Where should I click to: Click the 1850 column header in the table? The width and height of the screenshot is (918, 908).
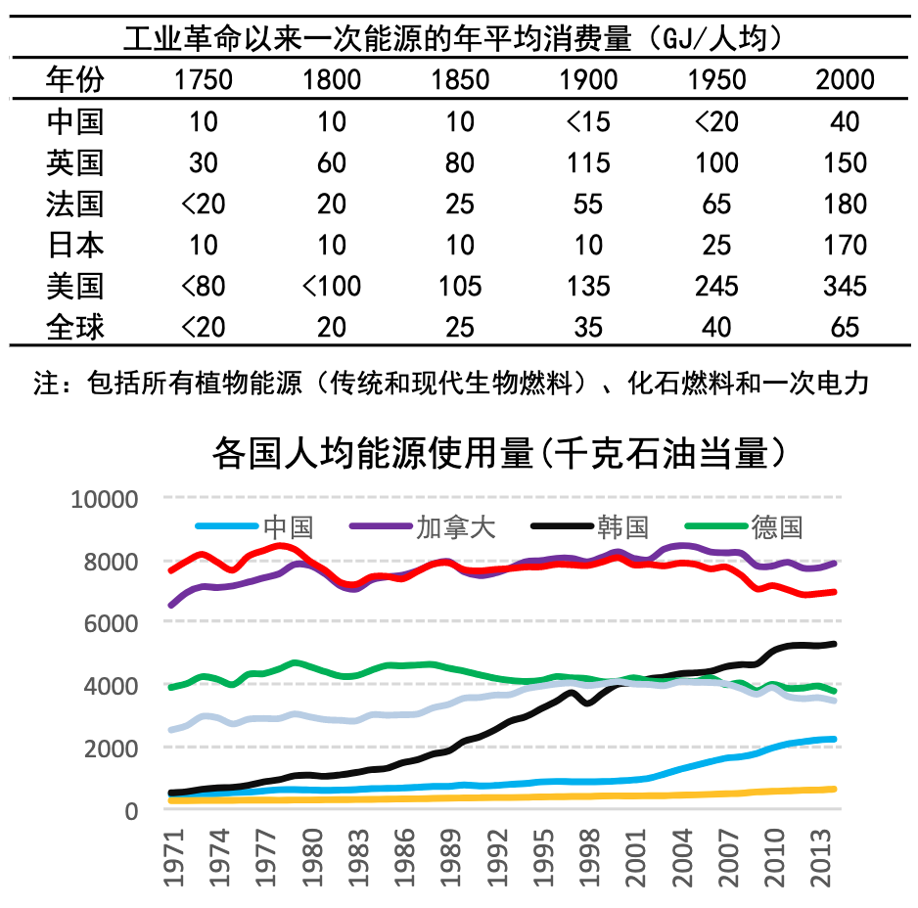pyautogui.click(x=460, y=80)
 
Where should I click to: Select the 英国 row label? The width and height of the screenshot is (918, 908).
pyautogui.click(x=75, y=162)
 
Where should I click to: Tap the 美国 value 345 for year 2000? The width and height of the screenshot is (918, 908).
pyautogui.click(x=844, y=286)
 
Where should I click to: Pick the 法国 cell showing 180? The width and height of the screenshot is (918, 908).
pyautogui.click(x=844, y=204)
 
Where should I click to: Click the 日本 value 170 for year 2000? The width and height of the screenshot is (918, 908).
pyautogui.click(x=844, y=245)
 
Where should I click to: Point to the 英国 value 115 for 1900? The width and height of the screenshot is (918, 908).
pyautogui.click(x=588, y=162)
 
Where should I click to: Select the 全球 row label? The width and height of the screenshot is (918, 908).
pyautogui.click(x=75, y=327)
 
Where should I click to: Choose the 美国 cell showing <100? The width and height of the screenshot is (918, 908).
pyautogui.click(x=332, y=286)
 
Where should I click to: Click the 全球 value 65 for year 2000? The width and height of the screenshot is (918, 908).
pyautogui.click(x=844, y=327)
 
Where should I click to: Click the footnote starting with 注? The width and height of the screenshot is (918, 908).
pyautogui.click(x=451, y=383)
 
